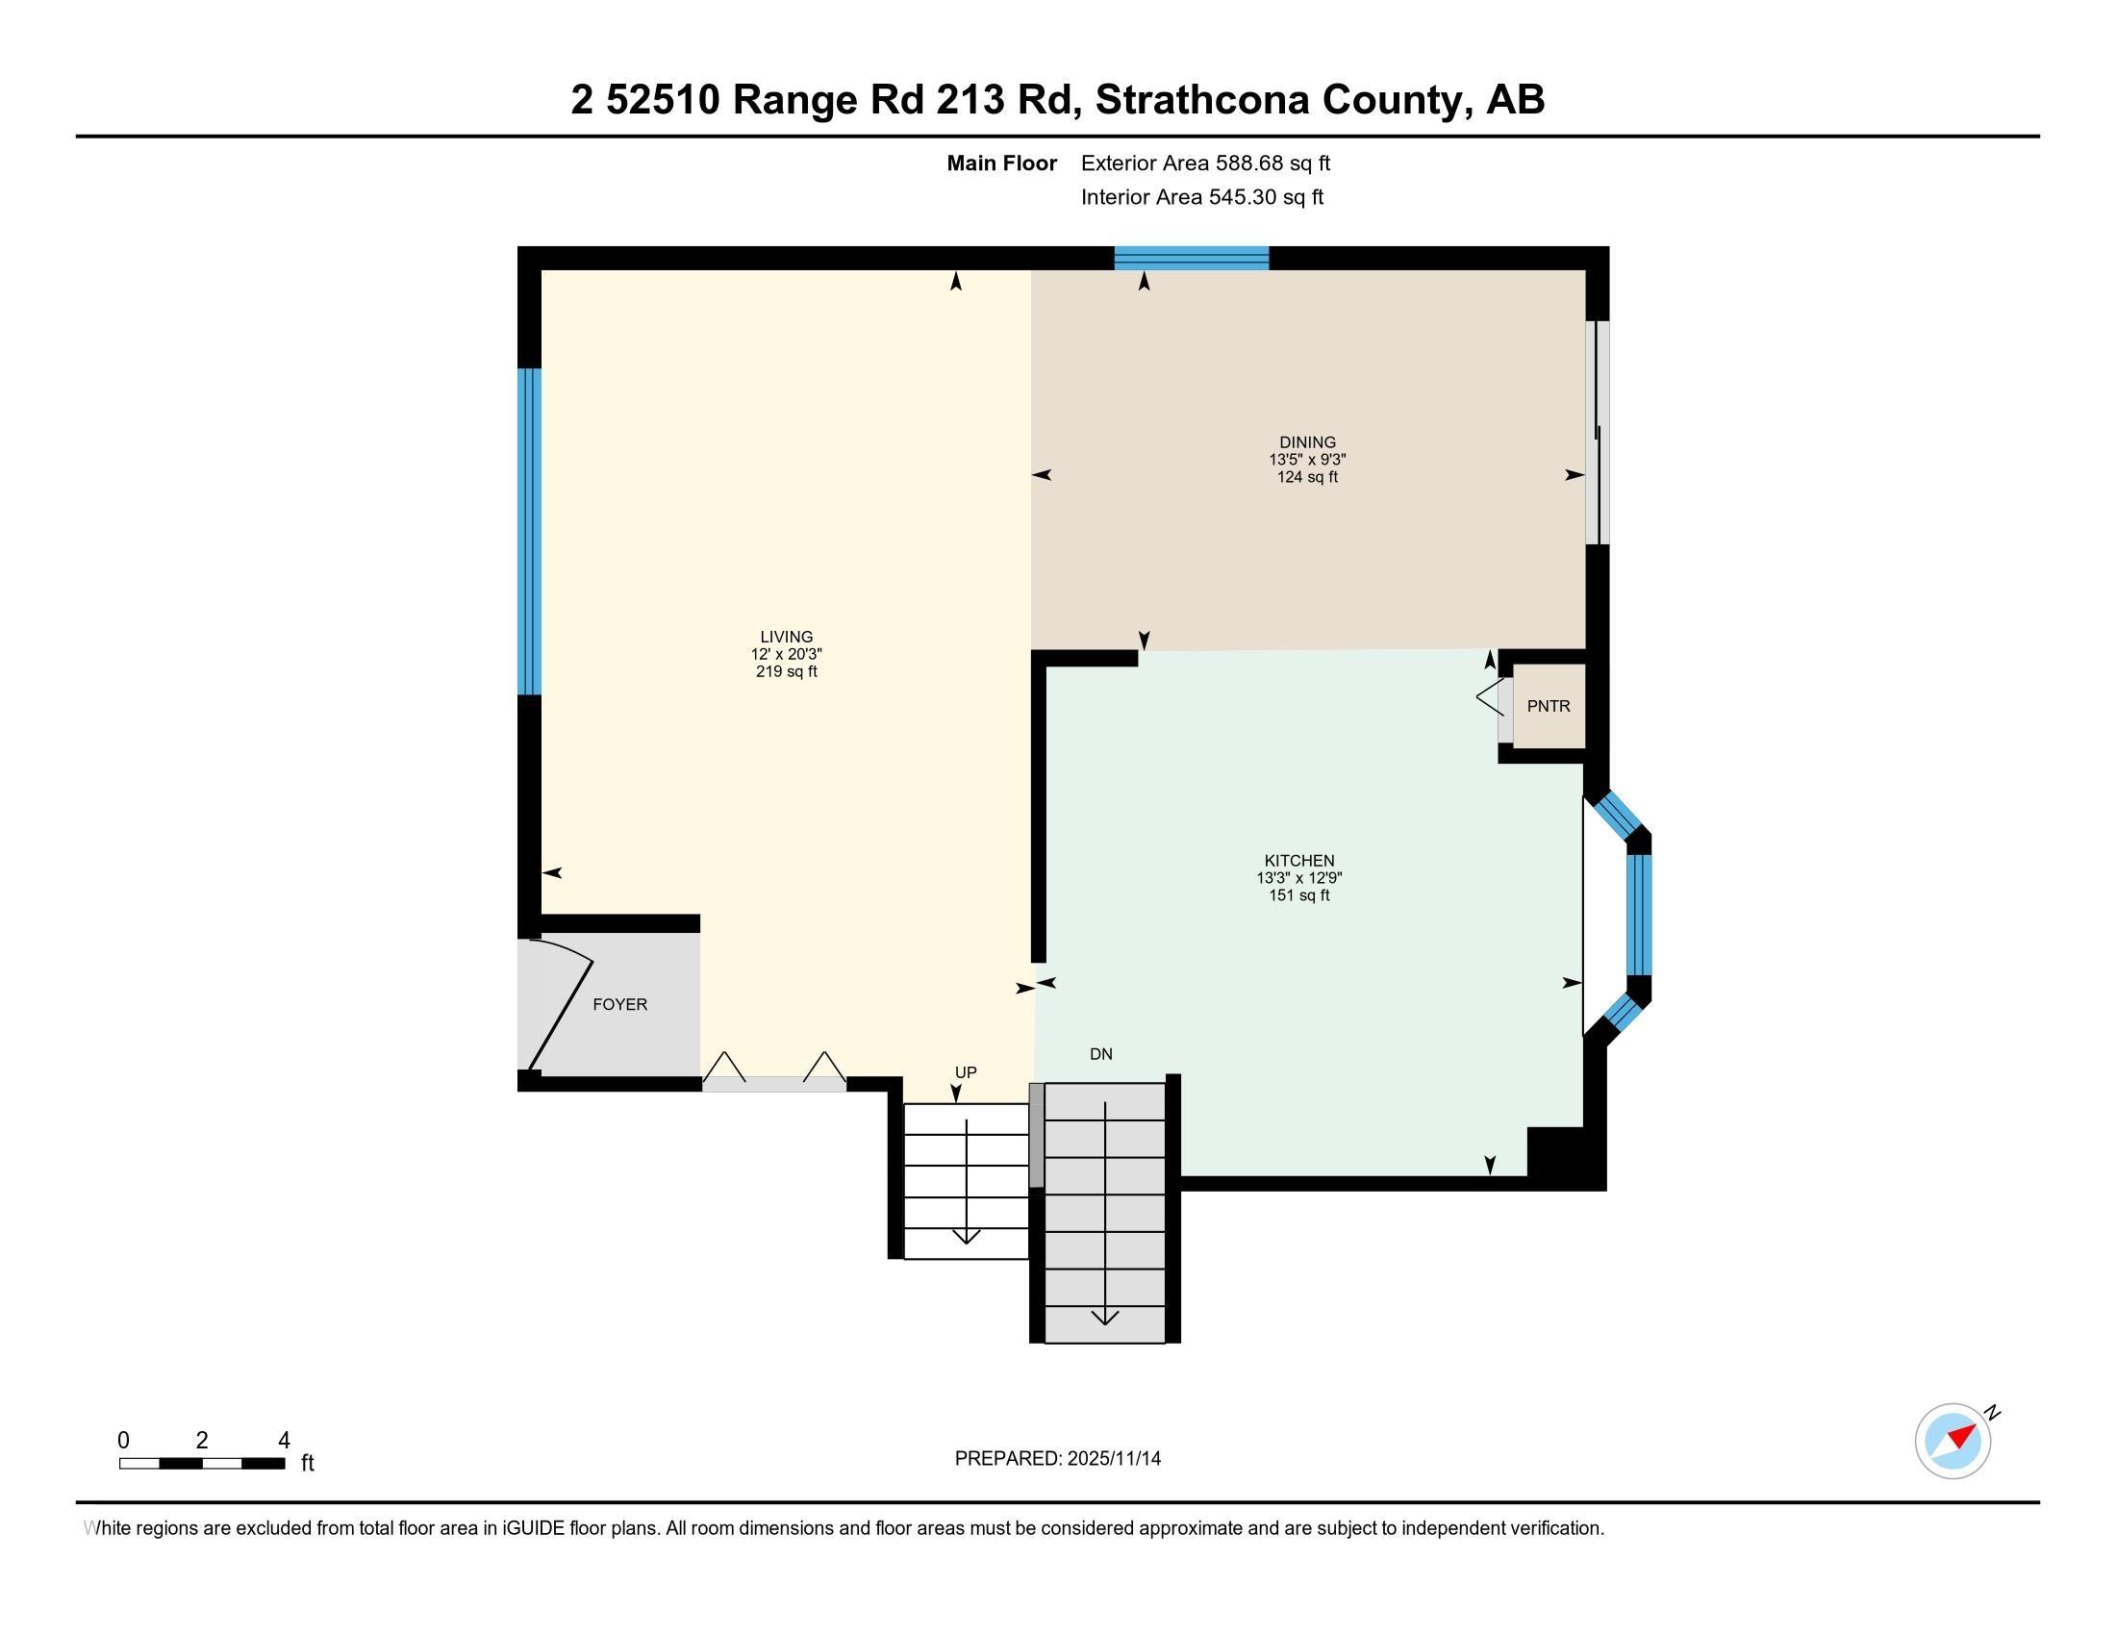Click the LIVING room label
(x=786, y=637)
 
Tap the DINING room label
(x=1307, y=441)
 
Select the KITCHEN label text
(x=1299, y=860)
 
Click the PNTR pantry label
(x=1549, y=706)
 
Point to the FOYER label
(x=620, y=1004)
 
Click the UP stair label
(x=966, y=1072)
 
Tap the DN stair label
(x=1100, y=1054)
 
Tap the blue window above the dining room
(x=1191, y=258)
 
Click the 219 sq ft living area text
(x=786, y=671)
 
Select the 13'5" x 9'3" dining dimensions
(x=1307, y=459)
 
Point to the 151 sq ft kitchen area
(x=1299, y=895)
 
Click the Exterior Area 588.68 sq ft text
(x=1205, y=163)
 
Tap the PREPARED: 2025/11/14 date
(x=1057, y=1458)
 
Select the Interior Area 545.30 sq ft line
(x=1201, y=196)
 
